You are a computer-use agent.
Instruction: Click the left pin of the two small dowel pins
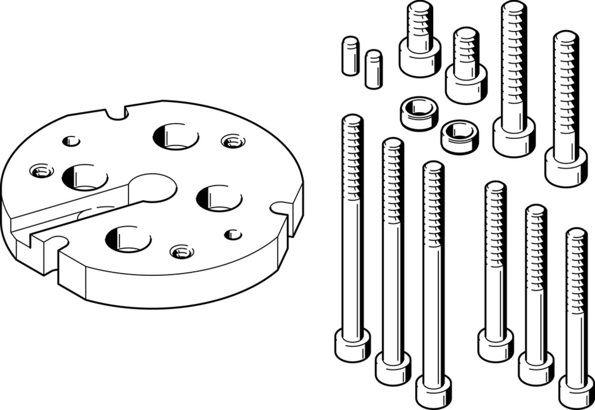[350, 56]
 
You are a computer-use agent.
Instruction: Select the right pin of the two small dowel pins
[374, 69]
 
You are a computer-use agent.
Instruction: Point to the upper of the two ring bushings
[419, 113]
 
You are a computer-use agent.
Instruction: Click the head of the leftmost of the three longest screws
[352, 346]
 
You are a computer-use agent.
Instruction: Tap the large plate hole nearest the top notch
[176, 136]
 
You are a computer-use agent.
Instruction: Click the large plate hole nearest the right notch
[220, 198]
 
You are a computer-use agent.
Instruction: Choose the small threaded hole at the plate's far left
[41, 172]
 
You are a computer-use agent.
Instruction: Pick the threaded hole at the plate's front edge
[181, 251]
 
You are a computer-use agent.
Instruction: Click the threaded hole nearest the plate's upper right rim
[233, 141]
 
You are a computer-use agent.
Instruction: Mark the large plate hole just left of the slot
[85, 177]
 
